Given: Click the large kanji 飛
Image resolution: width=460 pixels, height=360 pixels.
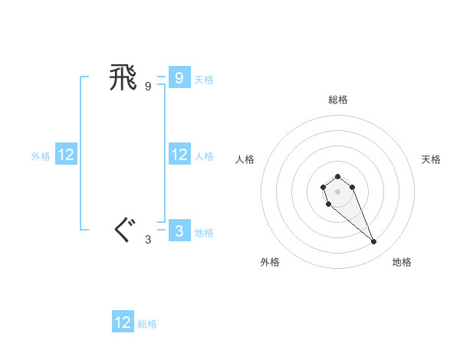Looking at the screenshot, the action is coord(123,77).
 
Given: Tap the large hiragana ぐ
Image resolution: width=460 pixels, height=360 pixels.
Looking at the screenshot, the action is coord(123,230).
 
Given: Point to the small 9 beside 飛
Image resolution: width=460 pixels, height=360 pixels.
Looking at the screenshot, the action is coord(148,87).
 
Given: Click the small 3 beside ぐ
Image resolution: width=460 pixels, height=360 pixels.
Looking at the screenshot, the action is coord(148,240).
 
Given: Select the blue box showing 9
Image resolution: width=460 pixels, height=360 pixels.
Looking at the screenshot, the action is coord(179,77).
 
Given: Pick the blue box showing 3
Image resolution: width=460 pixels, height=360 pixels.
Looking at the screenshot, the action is coord(179,231).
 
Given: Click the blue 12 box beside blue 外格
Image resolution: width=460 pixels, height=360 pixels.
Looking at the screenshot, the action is coord(66,155).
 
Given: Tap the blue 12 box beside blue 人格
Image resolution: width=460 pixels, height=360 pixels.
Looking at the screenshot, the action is coord(179,155).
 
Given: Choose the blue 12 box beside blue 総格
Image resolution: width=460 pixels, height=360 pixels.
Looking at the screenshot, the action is coord(123,322).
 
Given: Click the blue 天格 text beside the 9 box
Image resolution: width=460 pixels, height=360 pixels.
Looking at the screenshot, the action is coord(204,79).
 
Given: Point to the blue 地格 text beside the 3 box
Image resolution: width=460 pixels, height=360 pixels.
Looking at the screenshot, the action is coord(204,232).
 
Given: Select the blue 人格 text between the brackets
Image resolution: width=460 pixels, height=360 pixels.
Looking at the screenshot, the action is coord(204,155).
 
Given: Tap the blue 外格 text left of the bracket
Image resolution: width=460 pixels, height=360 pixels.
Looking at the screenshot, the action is coord(41,155).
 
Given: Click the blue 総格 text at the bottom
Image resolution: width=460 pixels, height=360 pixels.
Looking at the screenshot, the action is coord(147,324).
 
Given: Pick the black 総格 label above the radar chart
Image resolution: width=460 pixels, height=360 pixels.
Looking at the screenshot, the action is coord(337,100).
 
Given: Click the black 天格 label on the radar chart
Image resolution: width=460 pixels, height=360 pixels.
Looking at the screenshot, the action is coord(431,159).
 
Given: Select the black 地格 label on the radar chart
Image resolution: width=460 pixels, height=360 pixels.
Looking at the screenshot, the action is coord(402,262).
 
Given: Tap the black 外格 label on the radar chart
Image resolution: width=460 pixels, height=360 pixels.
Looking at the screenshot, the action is coord(270,262).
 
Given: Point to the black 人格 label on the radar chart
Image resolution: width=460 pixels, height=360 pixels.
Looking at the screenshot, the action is coord(245,159).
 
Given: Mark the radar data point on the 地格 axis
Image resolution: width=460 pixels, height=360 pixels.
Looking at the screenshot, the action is coord(374,242).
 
